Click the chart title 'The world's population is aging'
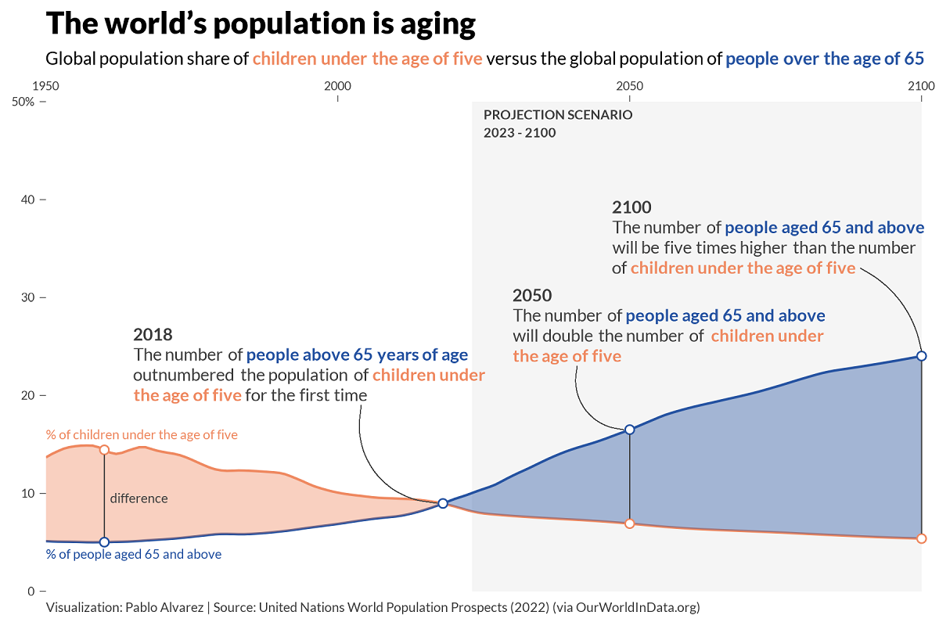click(261, 24)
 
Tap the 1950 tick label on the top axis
click(45, 85)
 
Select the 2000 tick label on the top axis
click(337, 85)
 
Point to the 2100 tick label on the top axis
click(922, 85)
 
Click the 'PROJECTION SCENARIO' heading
click(558, 114)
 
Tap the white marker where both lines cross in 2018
click(443, 503)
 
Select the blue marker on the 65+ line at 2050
click(629, 429)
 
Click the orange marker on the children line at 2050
click(629, 523)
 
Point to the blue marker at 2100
click(921, 356)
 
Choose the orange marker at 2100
click(921, 538)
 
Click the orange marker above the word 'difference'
click(104, 450)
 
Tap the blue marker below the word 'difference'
click(104, 541)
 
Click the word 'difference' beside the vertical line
click(139, 498)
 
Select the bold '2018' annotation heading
click(153, 334)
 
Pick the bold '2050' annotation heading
click(532, 296)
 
